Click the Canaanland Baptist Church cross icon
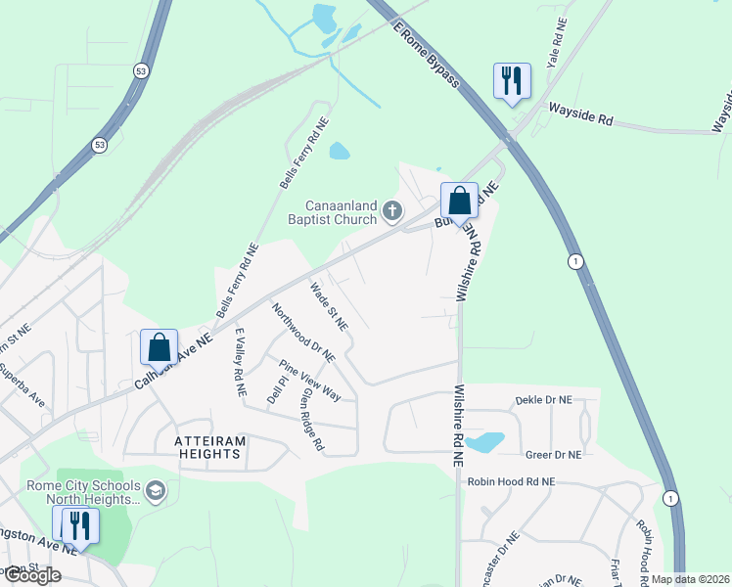[x=392, y=210]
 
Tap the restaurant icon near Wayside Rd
[x=511, y=80]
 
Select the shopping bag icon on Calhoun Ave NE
[x=159, y=346]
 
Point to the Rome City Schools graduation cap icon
[x=154, y=490]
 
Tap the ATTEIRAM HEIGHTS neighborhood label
[x=207, y=447]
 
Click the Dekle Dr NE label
[x=543, y=400]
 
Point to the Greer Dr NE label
[x=553, y=455]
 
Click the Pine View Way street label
[x=310, y=382]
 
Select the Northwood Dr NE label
[x=303, y=332]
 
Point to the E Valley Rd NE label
[x=239, y=362]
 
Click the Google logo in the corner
[x=31, y=575]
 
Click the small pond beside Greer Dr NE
[x=484, y=441]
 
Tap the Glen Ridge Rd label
[x=312, y=418]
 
